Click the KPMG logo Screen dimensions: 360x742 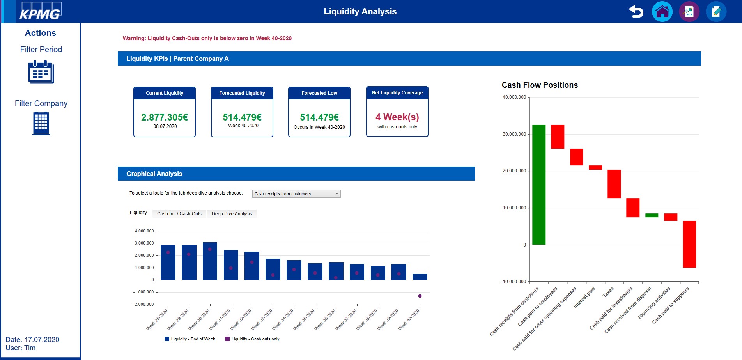(x=40, y=12)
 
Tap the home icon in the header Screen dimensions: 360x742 (x=662, y=12)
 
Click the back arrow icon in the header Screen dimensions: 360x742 (x=636, y=12)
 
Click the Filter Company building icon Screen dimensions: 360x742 (x=41, y=123)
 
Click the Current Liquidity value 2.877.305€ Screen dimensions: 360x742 (x=165, y=117)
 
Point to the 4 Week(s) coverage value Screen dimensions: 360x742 (x=397, y=117)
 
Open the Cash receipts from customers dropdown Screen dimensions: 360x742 (x=296, y=194)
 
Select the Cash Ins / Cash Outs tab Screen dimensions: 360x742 (x=179, y=214)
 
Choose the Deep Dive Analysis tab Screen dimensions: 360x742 (x=232, y=214)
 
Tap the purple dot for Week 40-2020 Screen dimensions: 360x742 (x=420, y=296)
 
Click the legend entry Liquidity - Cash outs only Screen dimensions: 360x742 (x=255, y=339)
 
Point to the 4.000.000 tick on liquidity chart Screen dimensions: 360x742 (x=144, y=231)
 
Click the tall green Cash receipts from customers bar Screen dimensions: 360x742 (x=539, y=184)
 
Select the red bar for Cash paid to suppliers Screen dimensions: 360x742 (x=689, y=244)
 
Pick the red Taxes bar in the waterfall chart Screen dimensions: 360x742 (x=614, y=184)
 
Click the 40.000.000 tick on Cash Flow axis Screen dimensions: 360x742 (x=514, y=97)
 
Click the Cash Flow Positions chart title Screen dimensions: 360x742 (x=540, y=85)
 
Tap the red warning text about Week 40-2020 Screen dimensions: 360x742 (x=207, y=38)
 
